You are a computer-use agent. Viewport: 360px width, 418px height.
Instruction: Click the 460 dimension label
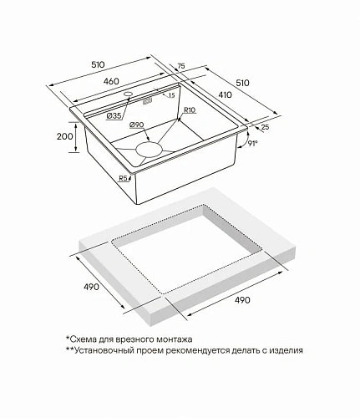click(111, 81)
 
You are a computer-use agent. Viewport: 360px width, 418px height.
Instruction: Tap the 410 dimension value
click(225, 94)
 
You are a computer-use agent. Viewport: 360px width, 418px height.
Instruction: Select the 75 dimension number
click(181, 66)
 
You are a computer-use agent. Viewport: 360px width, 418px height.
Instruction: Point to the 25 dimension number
click(266, 127)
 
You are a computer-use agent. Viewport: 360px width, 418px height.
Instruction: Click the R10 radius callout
click(190, 110)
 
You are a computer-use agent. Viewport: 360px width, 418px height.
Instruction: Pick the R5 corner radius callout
click(123, 178)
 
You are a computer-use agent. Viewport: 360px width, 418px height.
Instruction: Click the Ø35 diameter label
click(114, 115)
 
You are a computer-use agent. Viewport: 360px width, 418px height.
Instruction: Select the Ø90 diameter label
click(136, 125)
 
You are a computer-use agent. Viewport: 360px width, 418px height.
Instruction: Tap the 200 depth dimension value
click(65, 136)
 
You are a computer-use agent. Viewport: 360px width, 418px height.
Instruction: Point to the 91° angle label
click(253, 143)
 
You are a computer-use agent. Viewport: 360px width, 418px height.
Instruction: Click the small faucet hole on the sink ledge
click(129, 94)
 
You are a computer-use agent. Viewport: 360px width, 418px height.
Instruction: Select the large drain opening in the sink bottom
click(149, 150)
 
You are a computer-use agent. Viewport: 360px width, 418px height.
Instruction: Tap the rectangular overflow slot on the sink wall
click(147, 101)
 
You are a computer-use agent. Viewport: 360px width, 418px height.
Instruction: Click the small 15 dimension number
click(171, 95)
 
